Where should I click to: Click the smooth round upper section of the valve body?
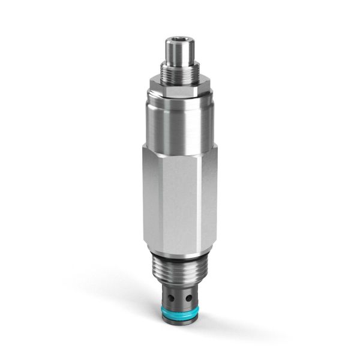point(180,120)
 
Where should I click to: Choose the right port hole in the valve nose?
point(187,296)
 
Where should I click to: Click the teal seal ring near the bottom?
point(179,310)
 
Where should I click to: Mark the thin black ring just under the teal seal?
point(179,317)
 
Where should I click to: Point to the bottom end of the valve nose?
point(179,325)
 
